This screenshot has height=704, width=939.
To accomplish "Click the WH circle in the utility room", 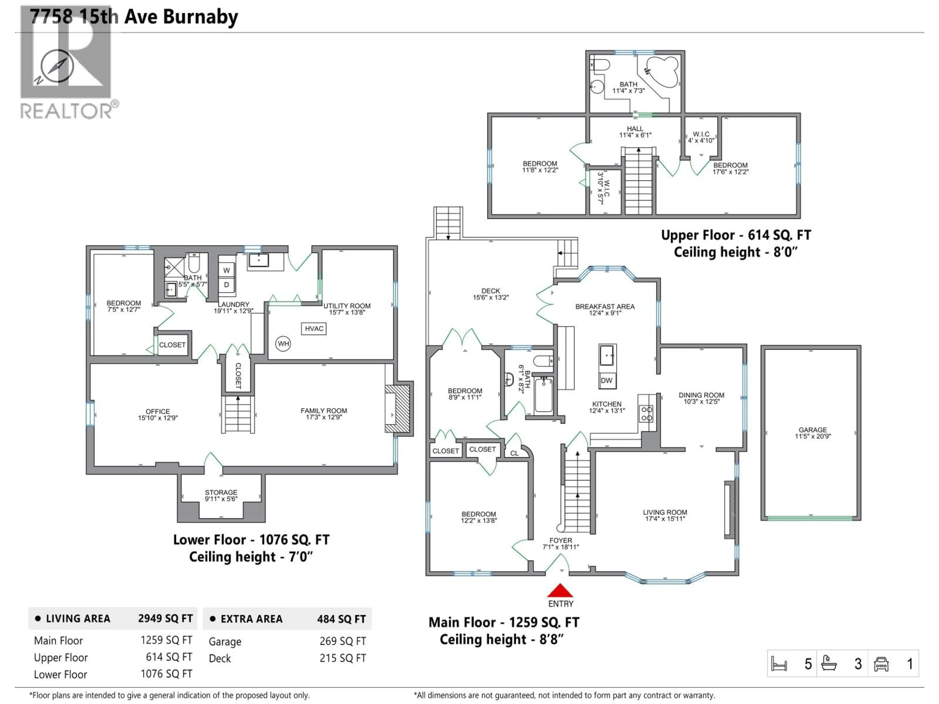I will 283,344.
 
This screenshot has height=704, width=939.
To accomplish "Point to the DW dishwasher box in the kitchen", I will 607,380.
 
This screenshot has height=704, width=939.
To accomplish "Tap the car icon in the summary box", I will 881,664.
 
